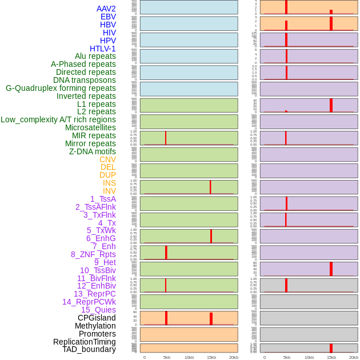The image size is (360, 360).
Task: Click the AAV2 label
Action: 106,9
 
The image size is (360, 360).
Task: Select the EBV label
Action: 108,17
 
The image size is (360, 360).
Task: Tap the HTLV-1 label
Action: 103,49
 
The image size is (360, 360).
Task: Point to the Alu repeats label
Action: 95,56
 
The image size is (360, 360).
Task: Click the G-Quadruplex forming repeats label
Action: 61,88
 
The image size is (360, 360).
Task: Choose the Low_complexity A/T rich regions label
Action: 58,119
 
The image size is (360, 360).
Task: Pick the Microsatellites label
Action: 90,127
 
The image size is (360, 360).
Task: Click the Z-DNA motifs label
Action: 93,151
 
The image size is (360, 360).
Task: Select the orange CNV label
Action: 107,159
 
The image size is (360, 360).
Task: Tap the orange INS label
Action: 109,183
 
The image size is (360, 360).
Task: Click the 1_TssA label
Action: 103,199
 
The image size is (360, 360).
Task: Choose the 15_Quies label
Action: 98,310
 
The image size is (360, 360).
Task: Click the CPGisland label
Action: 97,318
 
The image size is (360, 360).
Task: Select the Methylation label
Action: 95,326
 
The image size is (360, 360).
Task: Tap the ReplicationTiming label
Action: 85,342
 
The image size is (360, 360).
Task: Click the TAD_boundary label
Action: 89,349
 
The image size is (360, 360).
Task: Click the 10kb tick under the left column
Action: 189,357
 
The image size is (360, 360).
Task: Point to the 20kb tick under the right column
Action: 354,357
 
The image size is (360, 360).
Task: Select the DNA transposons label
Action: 85,80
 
